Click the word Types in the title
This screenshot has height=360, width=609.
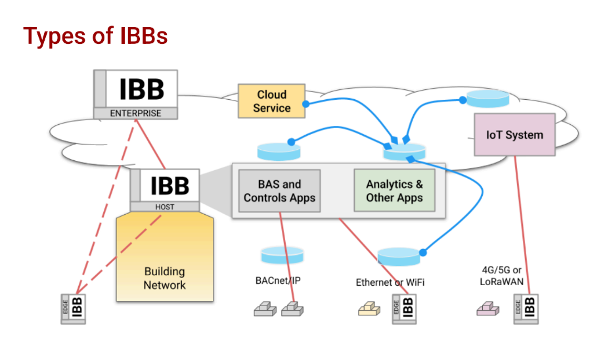point(55,37)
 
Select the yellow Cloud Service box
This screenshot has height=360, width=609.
point(271,101)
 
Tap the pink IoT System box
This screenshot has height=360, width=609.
point(514,135)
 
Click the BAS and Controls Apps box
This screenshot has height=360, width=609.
point(280,191)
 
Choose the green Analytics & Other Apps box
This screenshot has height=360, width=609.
point(394,191)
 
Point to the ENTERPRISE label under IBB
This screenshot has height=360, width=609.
point(135,114)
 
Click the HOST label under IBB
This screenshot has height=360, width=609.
point(165,207)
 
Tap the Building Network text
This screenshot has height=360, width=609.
point(165,278)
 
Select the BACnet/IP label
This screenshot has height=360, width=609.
point(278,281)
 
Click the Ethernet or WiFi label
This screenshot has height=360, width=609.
point(390,282)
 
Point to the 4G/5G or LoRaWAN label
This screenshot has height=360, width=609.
point(501,276)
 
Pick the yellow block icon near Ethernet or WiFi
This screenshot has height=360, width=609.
point(369,309)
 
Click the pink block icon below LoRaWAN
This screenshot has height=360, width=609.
point(488,309)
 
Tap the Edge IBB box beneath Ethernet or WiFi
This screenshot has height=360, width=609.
point(404,309)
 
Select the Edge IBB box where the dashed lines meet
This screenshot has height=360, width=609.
point(74,309)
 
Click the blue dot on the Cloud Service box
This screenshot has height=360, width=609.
point(306,104)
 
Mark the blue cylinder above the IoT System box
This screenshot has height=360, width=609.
point(488,99)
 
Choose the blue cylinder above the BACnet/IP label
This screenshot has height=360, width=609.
point(282,255)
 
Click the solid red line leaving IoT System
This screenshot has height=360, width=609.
point(522,225)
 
